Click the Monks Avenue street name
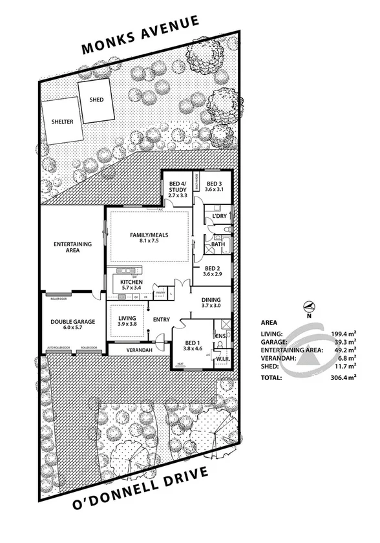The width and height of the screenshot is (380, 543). [x=139, y=37]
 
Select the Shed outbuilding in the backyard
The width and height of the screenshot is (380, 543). [x=95, y=100]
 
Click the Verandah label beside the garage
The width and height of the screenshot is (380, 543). [x=139, y=350]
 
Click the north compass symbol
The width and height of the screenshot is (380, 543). [x=309, y=306]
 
